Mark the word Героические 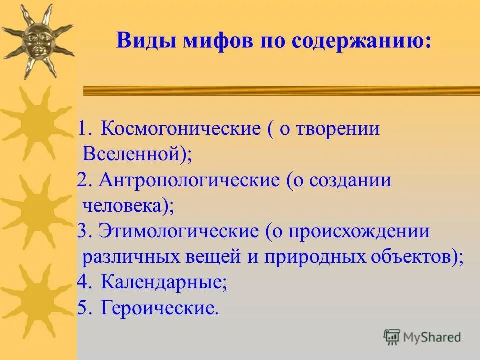click(x=159, y=308)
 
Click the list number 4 click(x=83, y=283)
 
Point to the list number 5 click(x=83, y=308)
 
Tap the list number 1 click(x=83, y=129)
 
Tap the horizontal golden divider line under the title click(x=280, y=90)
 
